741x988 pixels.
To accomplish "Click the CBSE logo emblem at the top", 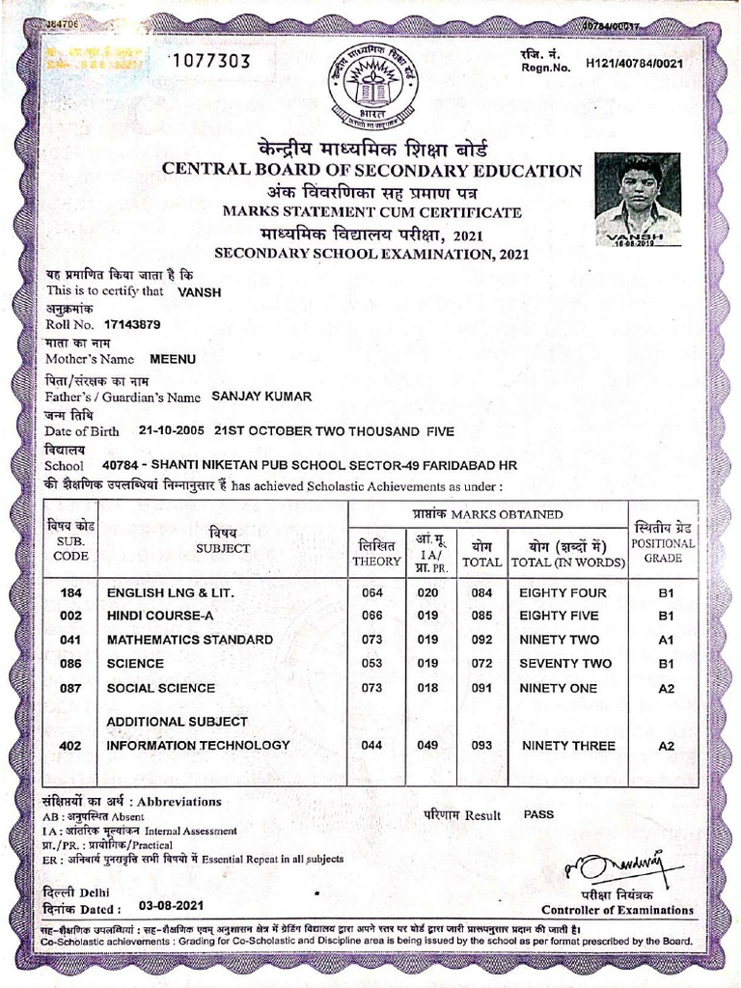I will click(370, 88).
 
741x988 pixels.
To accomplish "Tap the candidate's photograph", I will click(637, 200).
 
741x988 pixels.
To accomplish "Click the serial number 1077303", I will click(209, 62).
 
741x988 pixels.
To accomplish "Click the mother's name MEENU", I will click(173, 359).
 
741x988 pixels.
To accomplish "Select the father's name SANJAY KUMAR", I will click(261, 396).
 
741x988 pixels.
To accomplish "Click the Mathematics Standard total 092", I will click(477, 640).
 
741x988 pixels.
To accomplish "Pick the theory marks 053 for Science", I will click(370, 664).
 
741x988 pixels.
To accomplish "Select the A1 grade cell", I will click(666, 640).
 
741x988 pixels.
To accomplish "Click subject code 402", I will click(70, 745).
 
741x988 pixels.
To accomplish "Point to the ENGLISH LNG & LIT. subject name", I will click(170, 591).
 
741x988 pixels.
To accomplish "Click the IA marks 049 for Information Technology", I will click(427, 745).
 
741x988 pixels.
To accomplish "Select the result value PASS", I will click(538, 814).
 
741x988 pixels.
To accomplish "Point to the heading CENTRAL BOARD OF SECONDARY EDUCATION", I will click(371, 171).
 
